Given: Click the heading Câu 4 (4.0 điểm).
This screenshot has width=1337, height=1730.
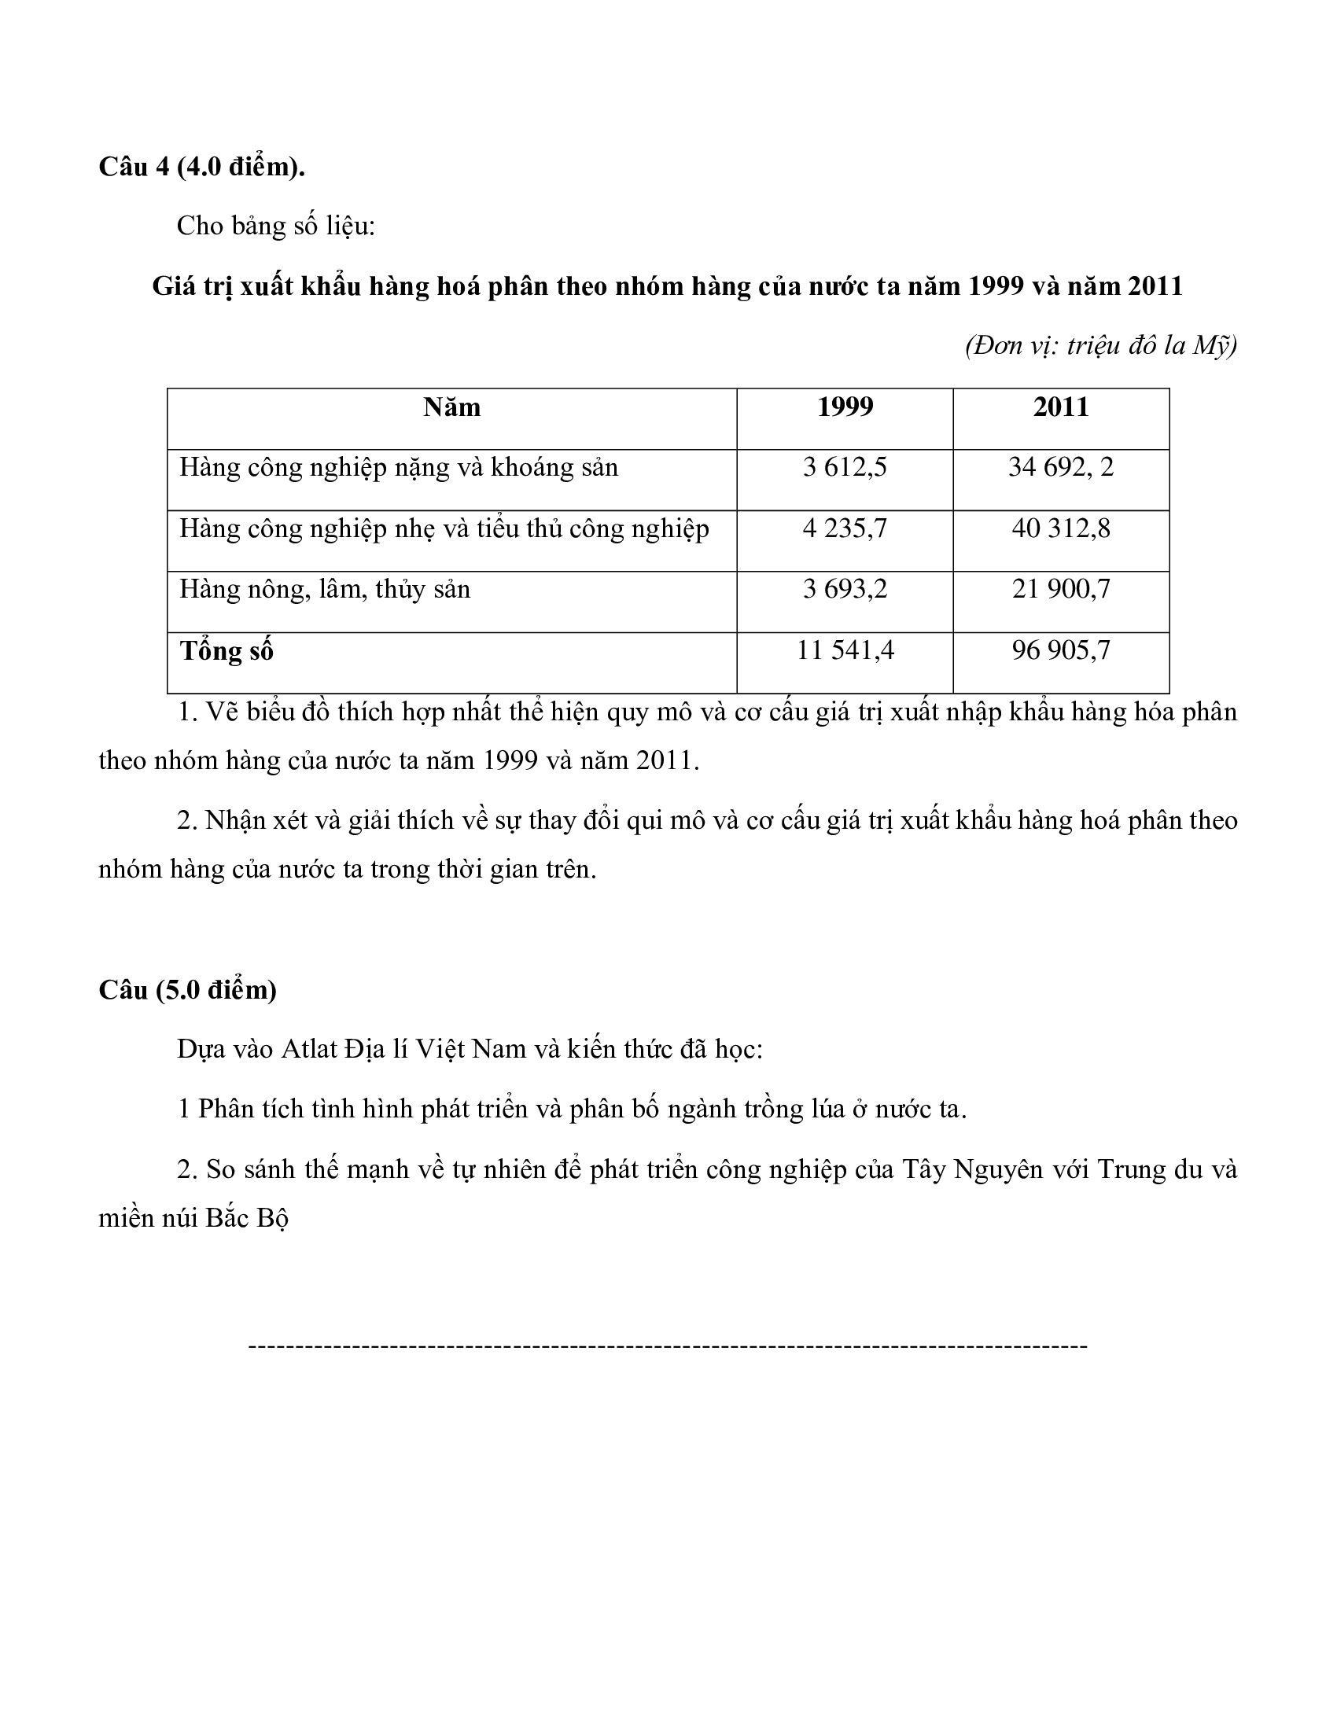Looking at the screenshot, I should [x=201, y=167].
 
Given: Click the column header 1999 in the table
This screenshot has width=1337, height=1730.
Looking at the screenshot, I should [x=845, y=407].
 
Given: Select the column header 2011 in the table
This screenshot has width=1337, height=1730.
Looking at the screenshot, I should [x=1061, y=407].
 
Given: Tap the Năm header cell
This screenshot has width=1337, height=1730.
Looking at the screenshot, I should [x=451, y=407].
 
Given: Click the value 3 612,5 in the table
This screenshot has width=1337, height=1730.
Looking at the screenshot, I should [x=845, y=467].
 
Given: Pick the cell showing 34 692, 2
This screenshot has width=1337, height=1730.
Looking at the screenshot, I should [x=1061, y=467].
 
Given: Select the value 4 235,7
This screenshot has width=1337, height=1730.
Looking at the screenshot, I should [x=845, y=528].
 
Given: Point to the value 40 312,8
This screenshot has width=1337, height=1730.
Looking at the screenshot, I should [x=1061, y=528].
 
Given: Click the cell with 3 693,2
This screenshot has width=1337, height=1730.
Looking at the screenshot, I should [x=845, y=589].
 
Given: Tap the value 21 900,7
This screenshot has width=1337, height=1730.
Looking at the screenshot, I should [x=1061, y=589].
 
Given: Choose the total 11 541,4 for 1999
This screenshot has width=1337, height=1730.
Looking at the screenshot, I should [x=845, y=650].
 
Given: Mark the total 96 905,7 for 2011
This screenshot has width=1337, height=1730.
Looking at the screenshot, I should [x=1061, y=650].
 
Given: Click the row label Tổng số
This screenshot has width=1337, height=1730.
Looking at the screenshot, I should [x=227, y=651].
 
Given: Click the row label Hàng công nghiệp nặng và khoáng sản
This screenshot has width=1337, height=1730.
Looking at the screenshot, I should [x=399, y=468].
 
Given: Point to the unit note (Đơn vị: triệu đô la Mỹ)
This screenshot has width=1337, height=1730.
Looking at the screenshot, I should [x=1100, y=346].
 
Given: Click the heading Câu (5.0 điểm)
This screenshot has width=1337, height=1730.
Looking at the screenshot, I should [x=187, y=990].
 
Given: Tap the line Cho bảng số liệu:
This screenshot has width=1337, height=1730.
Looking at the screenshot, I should [x=275, y=226].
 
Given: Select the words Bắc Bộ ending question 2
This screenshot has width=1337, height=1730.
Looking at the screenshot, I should [x=247, y=1218].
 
